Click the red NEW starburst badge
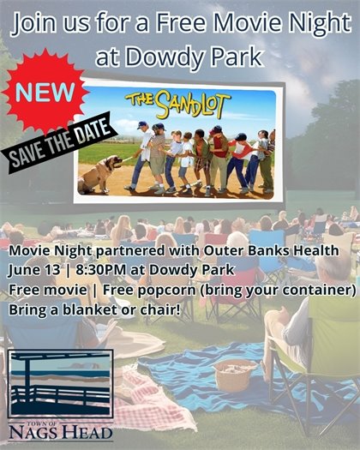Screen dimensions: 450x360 (x=45, y=90)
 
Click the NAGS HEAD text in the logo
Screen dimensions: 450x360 (x=60, y=434)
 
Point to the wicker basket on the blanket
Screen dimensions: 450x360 (x=236, y=375)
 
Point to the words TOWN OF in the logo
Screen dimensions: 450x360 (x=60, y=422)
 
